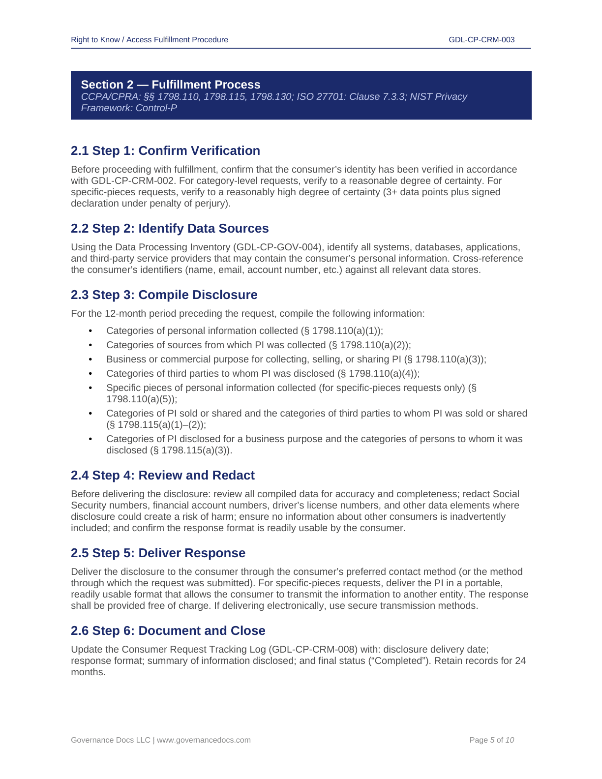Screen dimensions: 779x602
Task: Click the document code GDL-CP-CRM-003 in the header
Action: (482, 40)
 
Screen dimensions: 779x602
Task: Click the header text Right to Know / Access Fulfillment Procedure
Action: (150, 40)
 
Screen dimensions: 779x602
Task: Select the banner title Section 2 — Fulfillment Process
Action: (171, 85)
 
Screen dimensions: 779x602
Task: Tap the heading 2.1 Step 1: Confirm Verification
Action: (165, 150)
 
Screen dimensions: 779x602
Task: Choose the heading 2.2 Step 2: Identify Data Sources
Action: (170, 228)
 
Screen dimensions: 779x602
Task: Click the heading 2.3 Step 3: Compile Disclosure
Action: (164, 295)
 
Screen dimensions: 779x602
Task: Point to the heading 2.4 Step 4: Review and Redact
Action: (162, 475)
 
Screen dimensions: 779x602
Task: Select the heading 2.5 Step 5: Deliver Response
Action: (158, 553)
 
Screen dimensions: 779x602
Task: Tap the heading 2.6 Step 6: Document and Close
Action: (168, 630)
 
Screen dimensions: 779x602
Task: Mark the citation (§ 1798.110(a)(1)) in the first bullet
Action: (341, 330)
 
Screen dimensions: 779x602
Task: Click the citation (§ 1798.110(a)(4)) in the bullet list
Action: (378, 373)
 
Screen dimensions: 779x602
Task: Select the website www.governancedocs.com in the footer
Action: (204, 740)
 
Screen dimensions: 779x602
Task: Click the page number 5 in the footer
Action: (492, 740)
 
